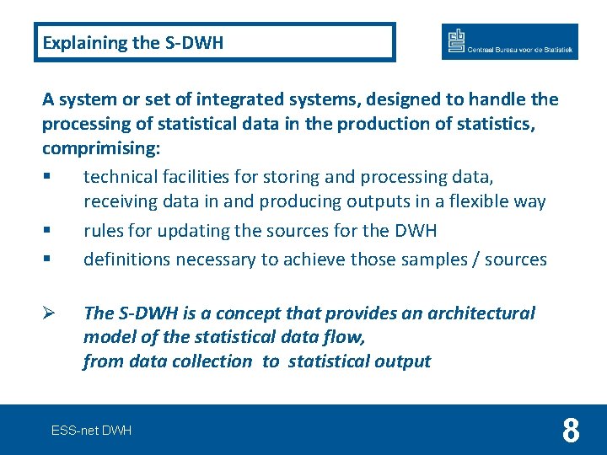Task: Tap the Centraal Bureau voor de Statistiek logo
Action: pyautogui.click(x=509, y=42)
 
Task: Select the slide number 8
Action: pyautogui.click(x=571, y=431)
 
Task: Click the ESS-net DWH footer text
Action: pyautogui.click(x=91, y=431)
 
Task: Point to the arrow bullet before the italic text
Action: pyautogui.click(x=47, y=313)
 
